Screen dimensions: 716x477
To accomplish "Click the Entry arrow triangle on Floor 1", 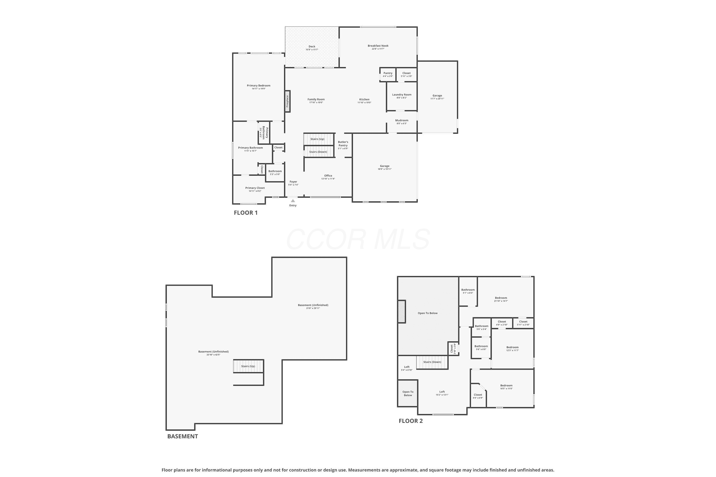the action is point(293,201).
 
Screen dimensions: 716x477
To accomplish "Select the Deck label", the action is point(312,47).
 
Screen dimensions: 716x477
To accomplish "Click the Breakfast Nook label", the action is point(378,46).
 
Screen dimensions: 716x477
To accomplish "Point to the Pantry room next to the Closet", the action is point(388,74).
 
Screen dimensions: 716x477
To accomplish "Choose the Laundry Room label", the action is point(402,95).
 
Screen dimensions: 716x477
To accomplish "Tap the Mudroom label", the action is point(402,120).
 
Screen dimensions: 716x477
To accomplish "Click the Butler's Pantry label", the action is point(343,144).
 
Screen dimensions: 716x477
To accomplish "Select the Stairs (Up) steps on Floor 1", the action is point(319,139).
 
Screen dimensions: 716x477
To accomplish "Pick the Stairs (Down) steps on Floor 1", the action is point(319,152).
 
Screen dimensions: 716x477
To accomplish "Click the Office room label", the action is point(328,176).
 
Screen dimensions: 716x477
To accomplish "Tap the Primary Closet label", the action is point(255,188).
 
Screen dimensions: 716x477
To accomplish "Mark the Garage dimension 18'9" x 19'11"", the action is point(385,169).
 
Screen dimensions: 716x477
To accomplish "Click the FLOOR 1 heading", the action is point(246,213).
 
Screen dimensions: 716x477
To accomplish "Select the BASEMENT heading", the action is point(183,436).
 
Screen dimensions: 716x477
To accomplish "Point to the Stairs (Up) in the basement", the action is point(248,366).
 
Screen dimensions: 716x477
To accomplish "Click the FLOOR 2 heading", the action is point(411,421).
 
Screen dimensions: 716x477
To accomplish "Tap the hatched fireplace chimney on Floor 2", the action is point(401,311).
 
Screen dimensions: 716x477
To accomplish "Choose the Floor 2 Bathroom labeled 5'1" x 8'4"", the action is point(468,291).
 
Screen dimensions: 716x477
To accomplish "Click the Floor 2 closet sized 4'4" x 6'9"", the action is point(478,396).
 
